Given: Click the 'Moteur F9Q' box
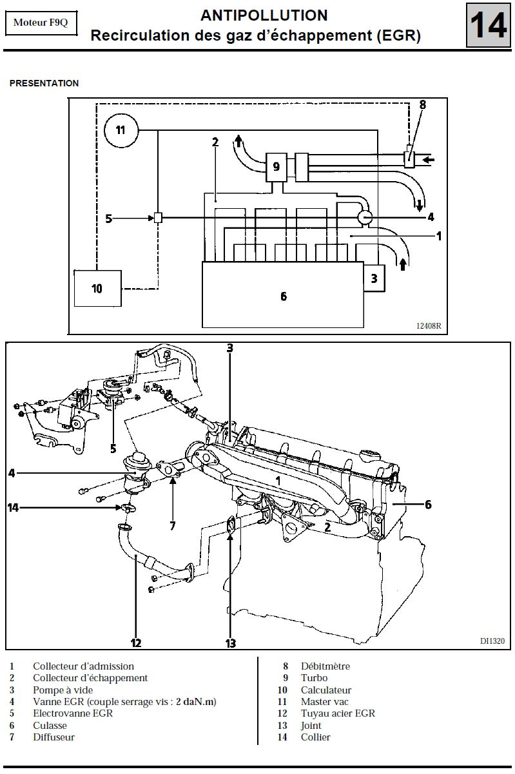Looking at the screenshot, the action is tap(41, 23).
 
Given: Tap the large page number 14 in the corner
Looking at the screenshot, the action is tap(488, 25).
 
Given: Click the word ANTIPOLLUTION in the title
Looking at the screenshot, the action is tap(264, 15).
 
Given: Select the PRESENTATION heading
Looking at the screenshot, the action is tap(44, 83).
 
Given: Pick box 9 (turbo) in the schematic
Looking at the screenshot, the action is tap(276, 168).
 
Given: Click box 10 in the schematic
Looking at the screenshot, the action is tap(98, 288).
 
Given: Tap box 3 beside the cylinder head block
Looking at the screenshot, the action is tap(374, 278).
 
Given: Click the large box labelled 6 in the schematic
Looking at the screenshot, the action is tap(283, 295).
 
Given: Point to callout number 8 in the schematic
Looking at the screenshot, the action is tap(422, 104).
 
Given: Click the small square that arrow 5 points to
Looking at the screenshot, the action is tap(158, 218).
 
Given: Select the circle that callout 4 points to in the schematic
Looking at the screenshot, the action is tap(365, 217).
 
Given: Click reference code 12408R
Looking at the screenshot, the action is tap(429, 326).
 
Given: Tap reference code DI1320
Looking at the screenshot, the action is tap(492, 641).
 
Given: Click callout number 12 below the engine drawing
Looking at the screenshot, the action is tap(136, 643).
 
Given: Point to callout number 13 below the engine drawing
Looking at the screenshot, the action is tap(231, 643).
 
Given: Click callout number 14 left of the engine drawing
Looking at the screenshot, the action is tap(13, 508).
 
